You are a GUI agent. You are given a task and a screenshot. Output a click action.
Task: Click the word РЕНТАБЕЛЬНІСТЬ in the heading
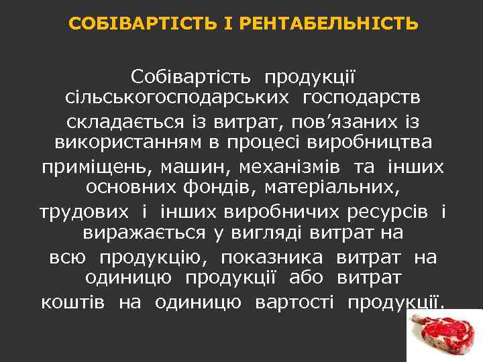(x=329, y=25)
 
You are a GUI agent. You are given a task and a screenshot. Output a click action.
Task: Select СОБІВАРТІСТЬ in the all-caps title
(x=144, y=25)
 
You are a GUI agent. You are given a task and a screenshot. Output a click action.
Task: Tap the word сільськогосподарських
(x=176, y=99)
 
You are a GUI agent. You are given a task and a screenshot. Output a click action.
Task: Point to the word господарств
(x=362, y=99)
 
